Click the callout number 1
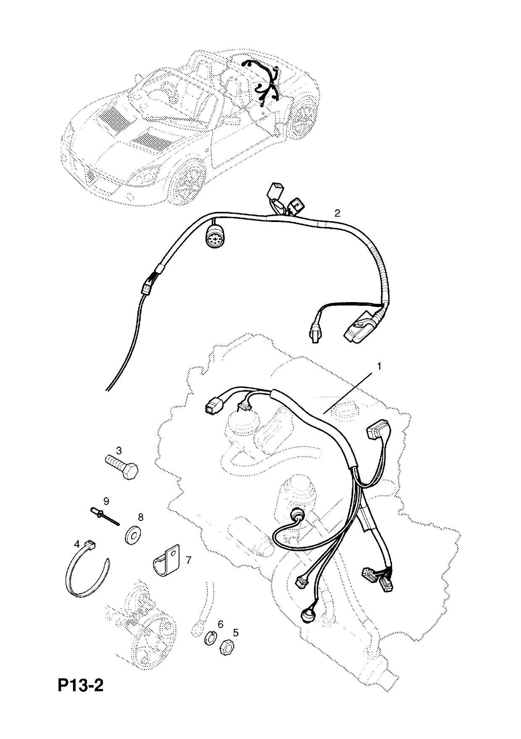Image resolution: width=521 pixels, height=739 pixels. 379,366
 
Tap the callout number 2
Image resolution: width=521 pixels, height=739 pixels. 337,213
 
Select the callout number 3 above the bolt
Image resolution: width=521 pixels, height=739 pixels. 119,451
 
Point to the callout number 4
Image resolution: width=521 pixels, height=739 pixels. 77,544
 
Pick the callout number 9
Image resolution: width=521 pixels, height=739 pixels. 106,501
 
